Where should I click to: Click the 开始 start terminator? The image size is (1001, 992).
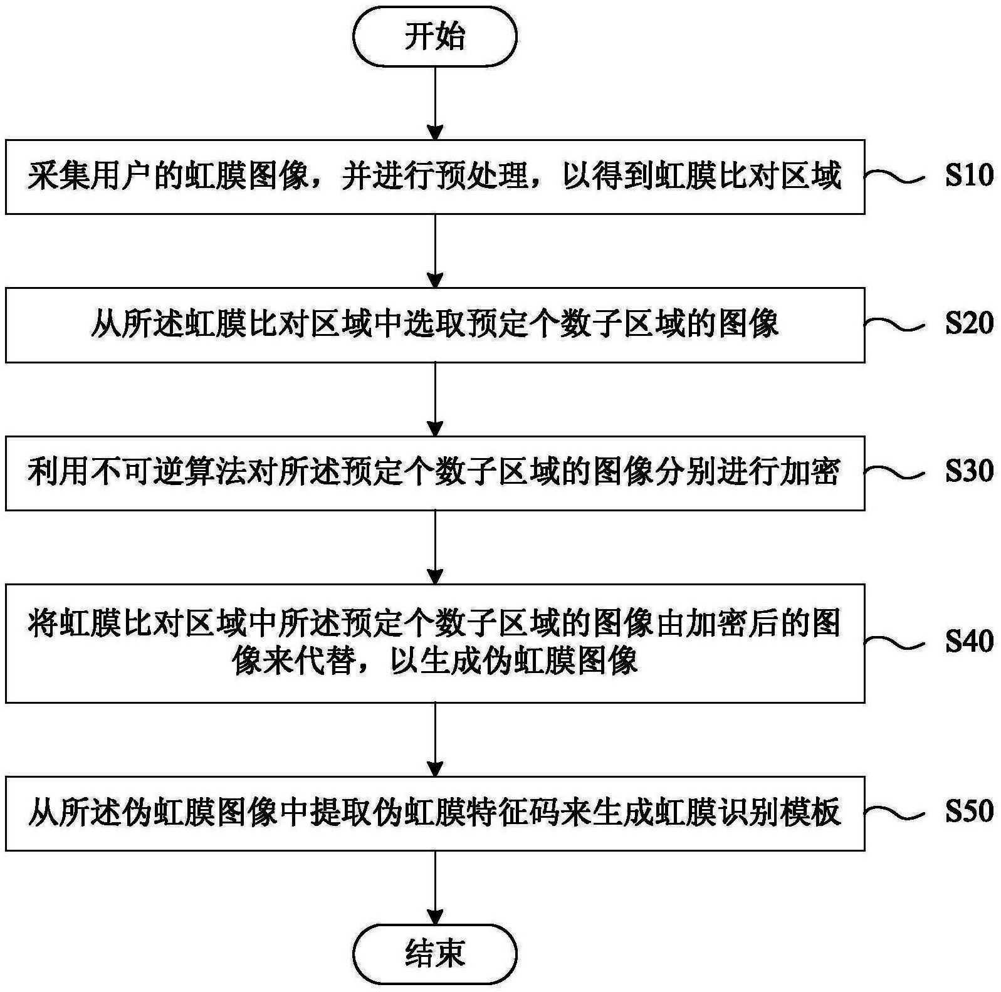coord(434,37)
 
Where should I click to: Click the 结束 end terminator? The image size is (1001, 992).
coord(434,954)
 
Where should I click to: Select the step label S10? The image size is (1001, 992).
coord(969,175)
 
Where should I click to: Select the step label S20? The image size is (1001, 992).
coord(969,323)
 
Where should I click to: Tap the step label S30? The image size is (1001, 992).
coord(969,471)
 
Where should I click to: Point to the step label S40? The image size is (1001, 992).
coord(969,640)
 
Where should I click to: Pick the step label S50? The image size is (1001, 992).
coord(969,811)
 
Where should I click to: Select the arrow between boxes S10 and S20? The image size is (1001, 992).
coord(434,251)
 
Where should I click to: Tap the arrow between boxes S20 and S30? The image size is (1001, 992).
coord(434,399)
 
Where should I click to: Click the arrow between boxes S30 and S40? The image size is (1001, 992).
coord(434,546)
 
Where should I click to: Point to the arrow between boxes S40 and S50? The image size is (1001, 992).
coord(434,739)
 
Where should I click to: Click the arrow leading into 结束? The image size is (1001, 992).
coord(434,887)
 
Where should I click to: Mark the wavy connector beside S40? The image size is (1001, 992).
coord(894,641)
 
